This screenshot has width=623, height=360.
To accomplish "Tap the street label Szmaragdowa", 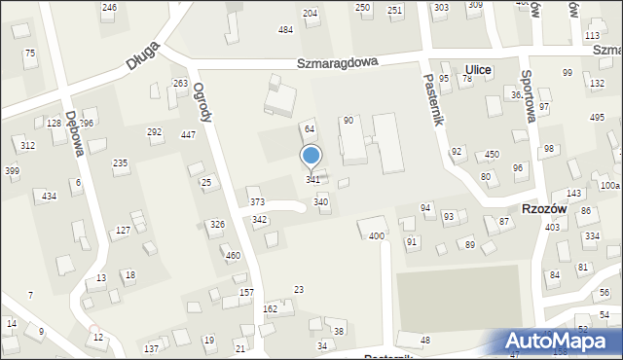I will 338,62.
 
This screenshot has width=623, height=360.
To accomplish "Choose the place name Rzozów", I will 537,209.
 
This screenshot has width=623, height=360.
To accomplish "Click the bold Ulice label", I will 478,70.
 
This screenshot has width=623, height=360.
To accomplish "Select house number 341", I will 312,180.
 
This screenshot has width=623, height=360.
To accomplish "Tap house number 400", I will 376,236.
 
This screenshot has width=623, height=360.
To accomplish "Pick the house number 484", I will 285,30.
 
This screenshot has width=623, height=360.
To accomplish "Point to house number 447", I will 189,134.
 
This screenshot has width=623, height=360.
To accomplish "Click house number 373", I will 257,201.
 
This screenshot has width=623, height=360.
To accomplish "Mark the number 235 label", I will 120,163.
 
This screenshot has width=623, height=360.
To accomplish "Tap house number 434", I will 49,197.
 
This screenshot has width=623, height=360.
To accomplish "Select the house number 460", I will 233,256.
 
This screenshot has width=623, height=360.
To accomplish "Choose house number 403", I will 552,227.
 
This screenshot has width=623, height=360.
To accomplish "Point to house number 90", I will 348,120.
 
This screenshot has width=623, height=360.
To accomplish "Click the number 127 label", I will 123,230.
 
